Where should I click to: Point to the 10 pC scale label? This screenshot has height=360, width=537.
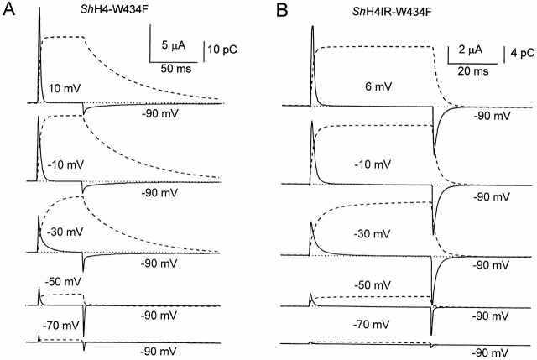223,50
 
